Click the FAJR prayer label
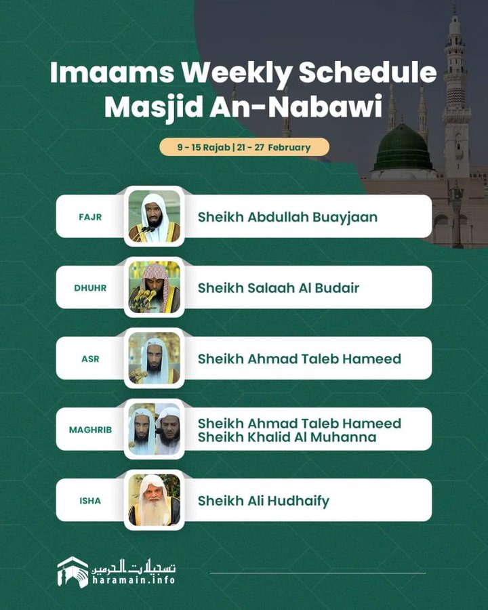click(x=90, y=217)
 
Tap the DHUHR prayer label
click(x=90, y=288)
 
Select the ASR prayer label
click(x=90, y=359)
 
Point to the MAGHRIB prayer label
click(x=90, y=430)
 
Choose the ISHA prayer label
click(x=90, y=501)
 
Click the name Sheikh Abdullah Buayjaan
click(x=287, y=217)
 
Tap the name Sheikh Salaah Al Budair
click(x=279, y=288)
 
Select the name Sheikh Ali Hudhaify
click(x=264, y=501)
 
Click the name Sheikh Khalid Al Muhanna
click(x=287, y=437)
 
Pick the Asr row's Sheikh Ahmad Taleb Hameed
click(x=300, y=359)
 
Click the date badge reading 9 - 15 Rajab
click(x=245, y=147)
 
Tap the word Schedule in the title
click(x=368, y=73)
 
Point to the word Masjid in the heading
click(x=154, y=107)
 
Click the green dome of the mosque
click(x=403, y=148)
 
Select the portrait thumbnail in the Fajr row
click(x=155, y=216)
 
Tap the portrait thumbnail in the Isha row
click(x=155, y=500)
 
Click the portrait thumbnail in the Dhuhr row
click(x=155, y=287)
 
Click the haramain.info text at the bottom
click(x=134, y=580)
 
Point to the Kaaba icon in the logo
click(x=73, y=572)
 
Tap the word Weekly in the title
click(x=237, y=73)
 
